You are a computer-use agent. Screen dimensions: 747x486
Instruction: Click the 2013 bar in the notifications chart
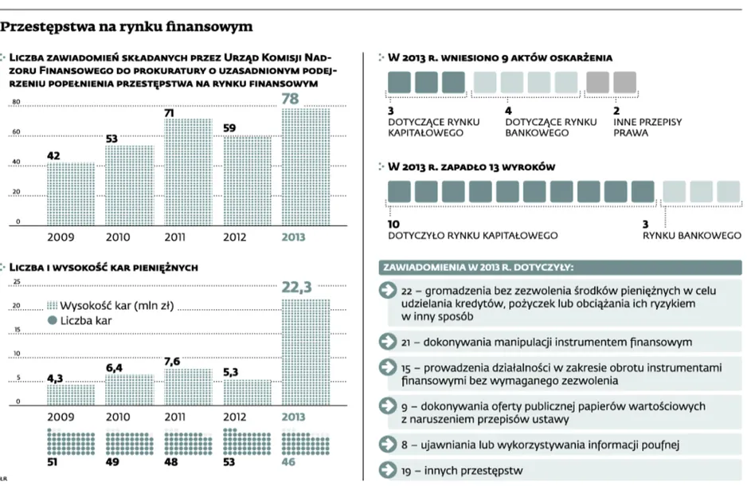click(305, 167)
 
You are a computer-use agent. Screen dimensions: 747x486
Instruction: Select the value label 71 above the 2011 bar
click(169, 113)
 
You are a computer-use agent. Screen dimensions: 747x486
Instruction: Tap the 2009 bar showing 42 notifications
click(71, 194)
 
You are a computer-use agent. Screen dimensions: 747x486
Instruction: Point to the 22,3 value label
click(296, 287)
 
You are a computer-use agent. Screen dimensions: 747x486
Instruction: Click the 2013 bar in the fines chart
click(305, 352)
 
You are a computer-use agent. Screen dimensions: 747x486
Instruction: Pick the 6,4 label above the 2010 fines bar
click(114, 368)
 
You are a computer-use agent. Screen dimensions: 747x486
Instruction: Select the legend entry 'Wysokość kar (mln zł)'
click(111, 305)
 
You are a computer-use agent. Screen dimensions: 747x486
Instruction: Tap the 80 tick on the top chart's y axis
click(16, 102)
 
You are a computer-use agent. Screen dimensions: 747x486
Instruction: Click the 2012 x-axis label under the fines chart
click(234, 417)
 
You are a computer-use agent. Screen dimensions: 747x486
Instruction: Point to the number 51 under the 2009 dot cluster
click(53, 462)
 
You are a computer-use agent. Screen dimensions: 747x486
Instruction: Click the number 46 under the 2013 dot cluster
click(288, 462)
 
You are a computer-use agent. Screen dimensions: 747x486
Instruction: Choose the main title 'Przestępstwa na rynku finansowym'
click(127, 26)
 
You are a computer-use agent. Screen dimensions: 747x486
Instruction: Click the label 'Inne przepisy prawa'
click(647, 127)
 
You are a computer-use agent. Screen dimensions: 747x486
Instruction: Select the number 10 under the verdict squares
click(393, 224)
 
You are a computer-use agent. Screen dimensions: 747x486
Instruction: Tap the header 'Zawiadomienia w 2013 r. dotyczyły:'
click(479, 268)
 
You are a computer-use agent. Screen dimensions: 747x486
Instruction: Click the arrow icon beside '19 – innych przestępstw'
click(388, 470)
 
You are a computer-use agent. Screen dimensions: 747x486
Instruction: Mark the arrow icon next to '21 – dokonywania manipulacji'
click(388, 341)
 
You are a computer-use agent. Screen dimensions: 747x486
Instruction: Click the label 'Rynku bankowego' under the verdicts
click(692, 235)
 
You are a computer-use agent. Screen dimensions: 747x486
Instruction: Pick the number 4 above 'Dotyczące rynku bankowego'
click(508, 111)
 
